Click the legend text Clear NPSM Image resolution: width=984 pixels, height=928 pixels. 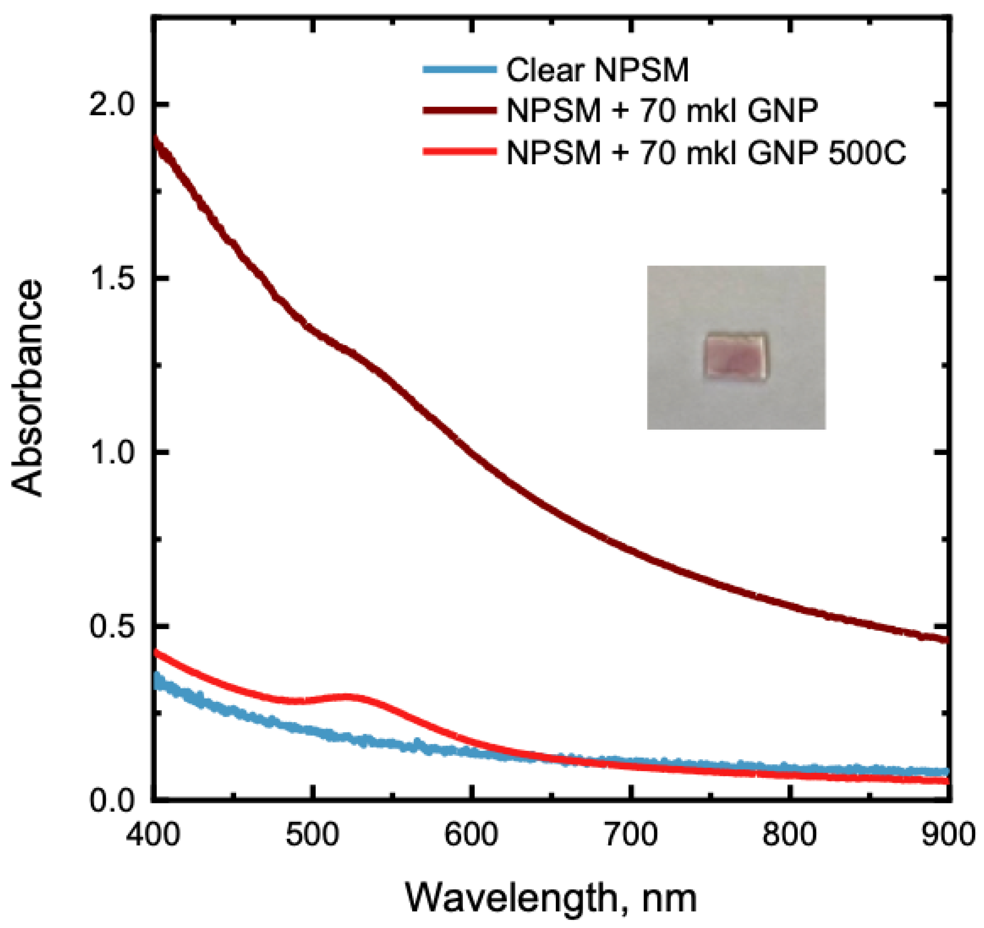597,70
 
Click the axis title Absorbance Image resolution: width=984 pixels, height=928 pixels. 27,388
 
